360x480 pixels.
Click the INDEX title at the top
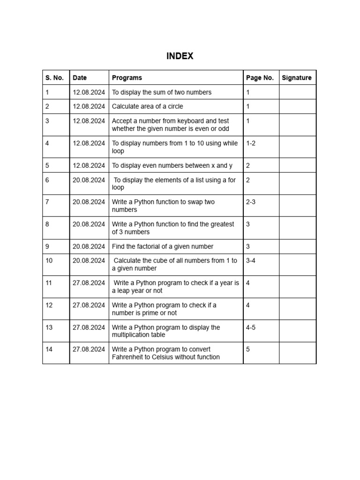(180, 56)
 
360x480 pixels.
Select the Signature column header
(296, 78)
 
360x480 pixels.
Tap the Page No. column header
(260, 78)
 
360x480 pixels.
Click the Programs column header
(127, 78)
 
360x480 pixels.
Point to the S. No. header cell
(54, 78)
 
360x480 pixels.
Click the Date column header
(80, 78)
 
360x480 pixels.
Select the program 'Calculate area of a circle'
(147, 106)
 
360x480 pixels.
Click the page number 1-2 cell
(251, 143)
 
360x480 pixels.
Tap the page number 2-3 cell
(251, 202)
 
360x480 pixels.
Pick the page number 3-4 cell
(251, 261)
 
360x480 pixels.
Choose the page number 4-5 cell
(251, 327)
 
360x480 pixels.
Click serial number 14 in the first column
(49, 349)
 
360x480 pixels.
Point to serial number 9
(47, 246)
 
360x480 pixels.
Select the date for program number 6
(89, 180)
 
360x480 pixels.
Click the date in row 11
(89, 283)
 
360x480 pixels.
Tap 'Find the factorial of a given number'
(162, 246)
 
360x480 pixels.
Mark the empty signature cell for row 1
(297, 92)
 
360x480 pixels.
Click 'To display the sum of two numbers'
(161, 92)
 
